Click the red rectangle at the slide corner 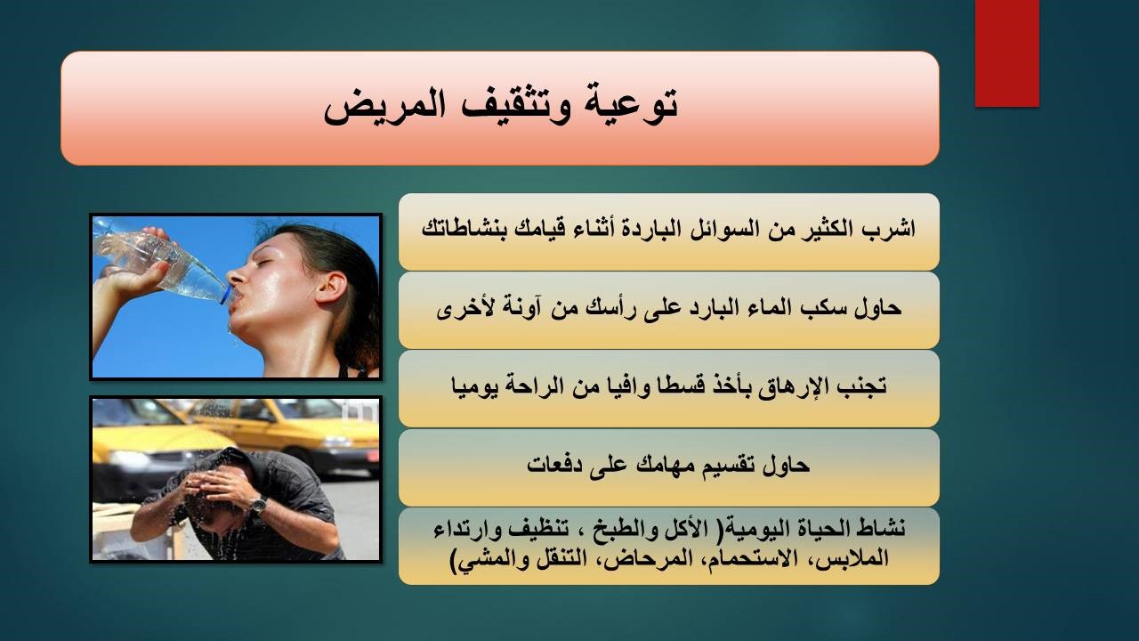point(1006,53)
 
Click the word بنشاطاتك point(464,229)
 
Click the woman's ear point(330,288)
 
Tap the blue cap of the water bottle point(225,296)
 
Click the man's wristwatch point(258,504)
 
